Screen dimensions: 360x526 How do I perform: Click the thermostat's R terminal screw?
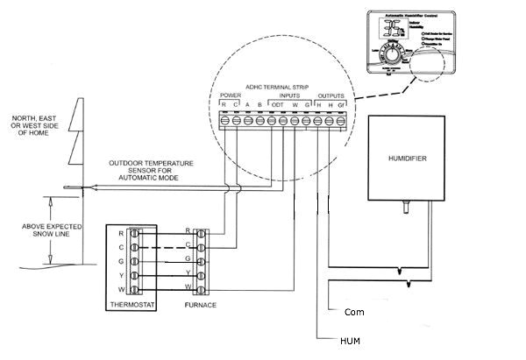coord(134,233)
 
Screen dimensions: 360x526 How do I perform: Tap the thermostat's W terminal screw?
coord(134,289)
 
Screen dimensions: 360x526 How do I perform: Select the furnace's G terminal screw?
coord(202,261)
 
